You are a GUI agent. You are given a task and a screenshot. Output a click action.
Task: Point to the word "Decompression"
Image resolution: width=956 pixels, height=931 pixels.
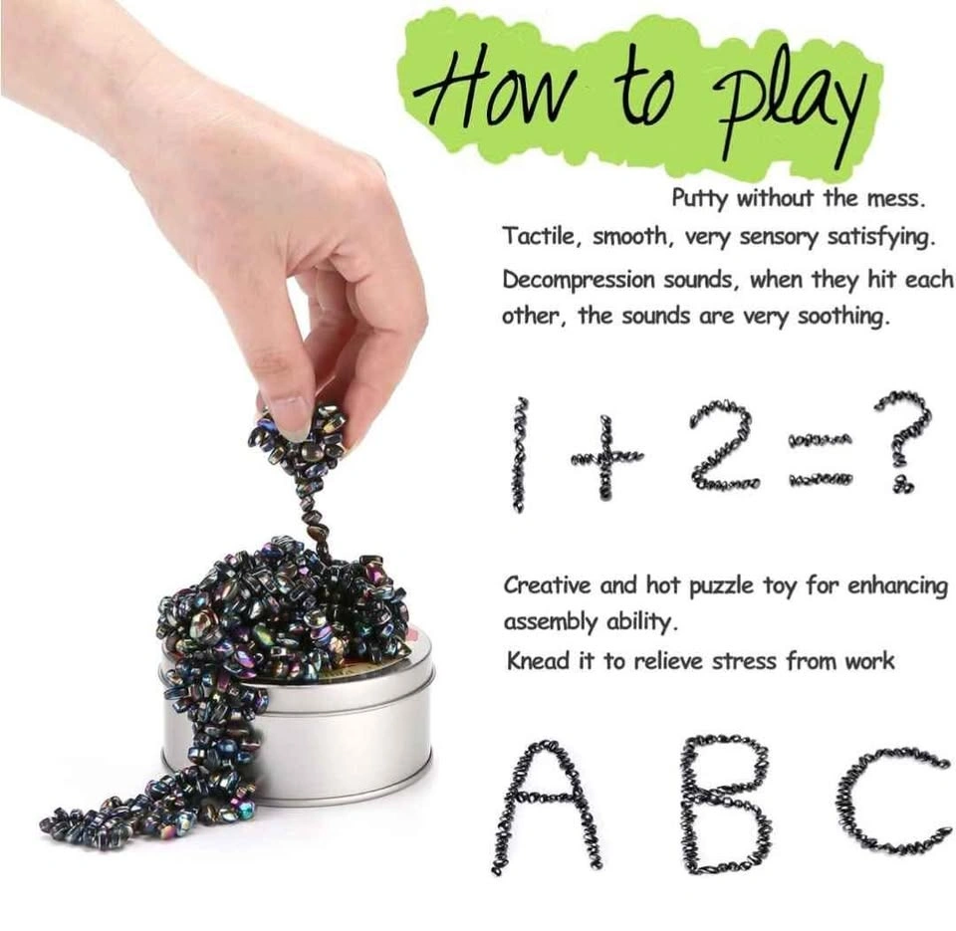[578, 281]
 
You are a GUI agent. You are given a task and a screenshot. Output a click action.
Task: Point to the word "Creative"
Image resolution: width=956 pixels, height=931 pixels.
[547, 585]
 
